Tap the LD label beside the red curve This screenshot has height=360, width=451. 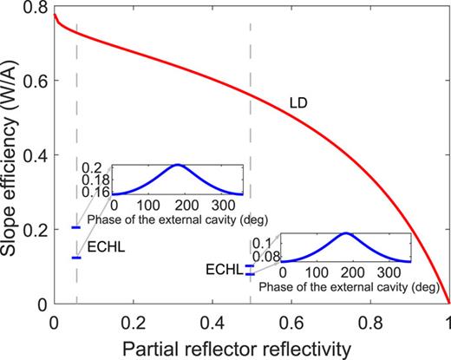300,103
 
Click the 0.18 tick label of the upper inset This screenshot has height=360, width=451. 95,179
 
